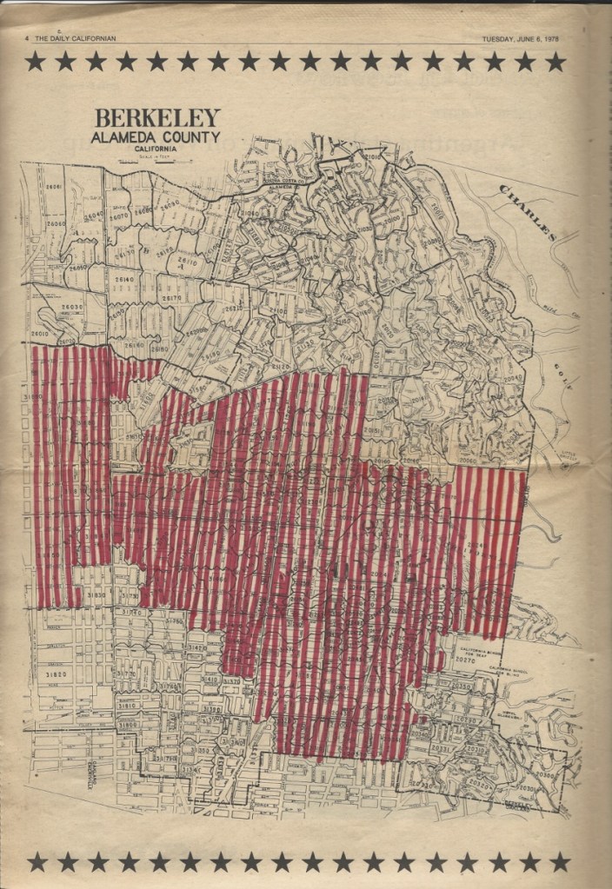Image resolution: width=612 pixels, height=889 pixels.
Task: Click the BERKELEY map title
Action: tap(157, 118)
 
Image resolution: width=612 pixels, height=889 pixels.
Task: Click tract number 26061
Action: tap(54, 188)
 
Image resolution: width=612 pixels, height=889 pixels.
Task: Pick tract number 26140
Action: tap(124, 281)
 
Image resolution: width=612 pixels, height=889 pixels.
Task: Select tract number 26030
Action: tap(70, 308)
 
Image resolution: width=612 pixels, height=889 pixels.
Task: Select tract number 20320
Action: tap(424, 785)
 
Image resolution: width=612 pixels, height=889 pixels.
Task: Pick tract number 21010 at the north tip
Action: tap(369, 157)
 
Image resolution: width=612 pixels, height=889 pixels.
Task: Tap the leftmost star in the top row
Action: tap(36, 62)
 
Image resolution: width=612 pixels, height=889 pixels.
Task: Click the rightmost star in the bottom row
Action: tap(560, 861)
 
